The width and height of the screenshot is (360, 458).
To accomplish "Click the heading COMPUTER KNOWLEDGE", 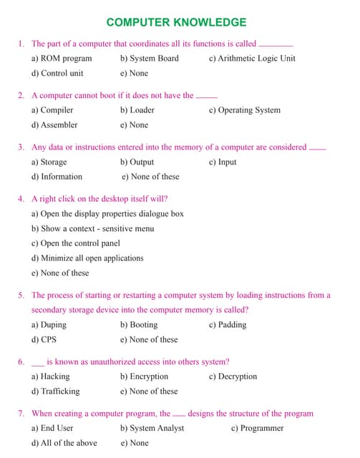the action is pos(176,22).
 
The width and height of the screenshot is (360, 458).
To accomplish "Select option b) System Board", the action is pos(149,58).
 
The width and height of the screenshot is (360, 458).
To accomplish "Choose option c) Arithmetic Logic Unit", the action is pos(251,58).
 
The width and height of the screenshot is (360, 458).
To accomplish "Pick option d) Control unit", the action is pos(57,73).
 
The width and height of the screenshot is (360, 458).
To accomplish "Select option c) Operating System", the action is pos(244,110).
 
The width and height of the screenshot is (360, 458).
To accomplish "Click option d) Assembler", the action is pos(54,125).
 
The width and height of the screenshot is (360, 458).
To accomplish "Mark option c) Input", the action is pos(223,162).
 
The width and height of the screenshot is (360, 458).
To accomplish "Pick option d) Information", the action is pos(57,176).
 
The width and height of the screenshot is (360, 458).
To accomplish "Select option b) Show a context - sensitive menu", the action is pos(92,228).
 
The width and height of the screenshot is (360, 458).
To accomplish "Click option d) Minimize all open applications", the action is pos(87,258).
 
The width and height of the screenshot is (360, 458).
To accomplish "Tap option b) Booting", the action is pos(139,324).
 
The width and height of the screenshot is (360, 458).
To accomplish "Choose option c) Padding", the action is pos(228,324).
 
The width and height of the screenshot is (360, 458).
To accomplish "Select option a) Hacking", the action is pos(50,376).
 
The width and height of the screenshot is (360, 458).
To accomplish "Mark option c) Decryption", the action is pos(233,376).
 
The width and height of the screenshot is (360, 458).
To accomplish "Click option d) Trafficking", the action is pos(55,391).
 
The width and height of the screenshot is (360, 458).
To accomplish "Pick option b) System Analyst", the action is pos(152,428).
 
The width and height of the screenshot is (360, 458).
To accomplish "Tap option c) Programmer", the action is pos(257,428).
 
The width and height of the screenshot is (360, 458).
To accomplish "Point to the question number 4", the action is pos(21,198).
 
